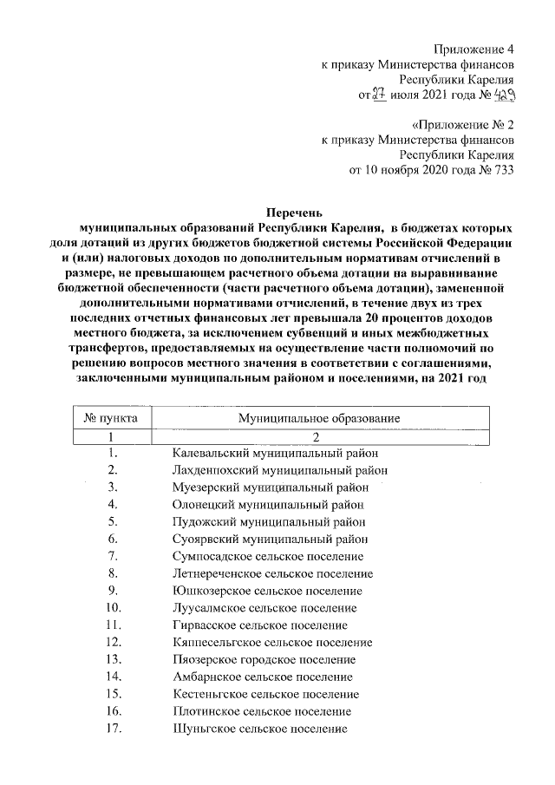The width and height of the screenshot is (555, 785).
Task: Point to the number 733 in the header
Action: tap(500, 169)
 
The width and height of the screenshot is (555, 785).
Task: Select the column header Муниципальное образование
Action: tap(317, 418)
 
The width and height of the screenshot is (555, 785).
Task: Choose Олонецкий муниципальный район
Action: tap(268, 504)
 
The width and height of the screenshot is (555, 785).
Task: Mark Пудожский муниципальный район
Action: tap(268, 521)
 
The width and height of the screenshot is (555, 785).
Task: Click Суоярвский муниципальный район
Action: tap(271, 539)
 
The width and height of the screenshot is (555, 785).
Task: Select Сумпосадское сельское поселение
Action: tap(267, 556)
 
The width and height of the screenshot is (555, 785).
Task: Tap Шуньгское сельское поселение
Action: tap(259, 729)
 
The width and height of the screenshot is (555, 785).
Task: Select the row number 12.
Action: tap(112, 642)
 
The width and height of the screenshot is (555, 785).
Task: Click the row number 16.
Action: tap(112, 711)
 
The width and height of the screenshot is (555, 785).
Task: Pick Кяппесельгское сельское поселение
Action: tap(271, 642)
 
